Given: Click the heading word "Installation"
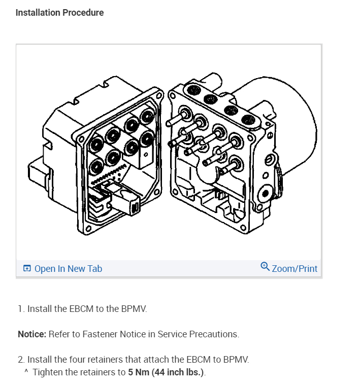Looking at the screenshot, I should tap(38, 13).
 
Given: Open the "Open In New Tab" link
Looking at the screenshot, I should tap(68, 269).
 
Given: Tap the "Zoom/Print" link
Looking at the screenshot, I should tap(294, 269).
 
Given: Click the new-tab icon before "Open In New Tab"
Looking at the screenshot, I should tap(27, 269).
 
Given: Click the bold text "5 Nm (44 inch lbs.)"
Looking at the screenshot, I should tap(165, 372).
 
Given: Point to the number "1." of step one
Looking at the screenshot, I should tap(21, 308).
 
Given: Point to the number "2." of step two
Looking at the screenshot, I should tap(21, 360).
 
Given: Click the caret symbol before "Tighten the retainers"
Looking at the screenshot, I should tap(26, 372).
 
